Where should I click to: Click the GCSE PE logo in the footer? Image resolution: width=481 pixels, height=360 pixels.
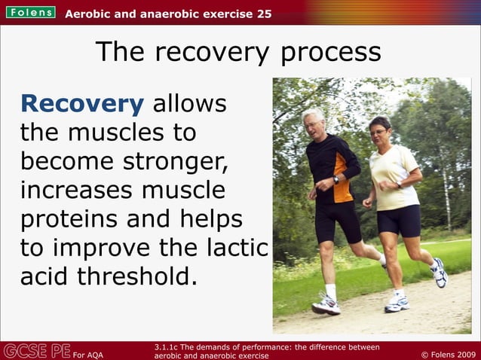click(36, 350)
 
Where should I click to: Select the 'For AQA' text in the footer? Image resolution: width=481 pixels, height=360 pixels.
click(88, 354)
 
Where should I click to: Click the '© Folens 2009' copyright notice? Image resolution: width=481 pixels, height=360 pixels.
click(447, 353)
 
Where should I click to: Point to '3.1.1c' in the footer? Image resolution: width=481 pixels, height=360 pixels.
click(166, 346)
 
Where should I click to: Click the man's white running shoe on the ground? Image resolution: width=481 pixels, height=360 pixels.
click(326, 306)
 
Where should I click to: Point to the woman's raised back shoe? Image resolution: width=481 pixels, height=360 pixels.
click(439, 272)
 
